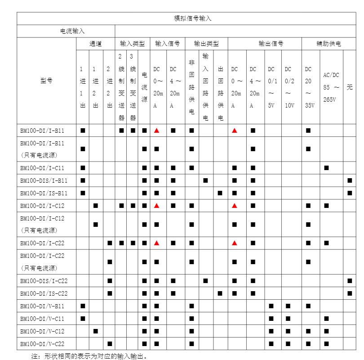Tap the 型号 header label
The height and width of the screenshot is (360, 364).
pyautogui.click(x=46, y=81)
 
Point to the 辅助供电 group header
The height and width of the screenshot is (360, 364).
pyautogui.click(x=328, y=44)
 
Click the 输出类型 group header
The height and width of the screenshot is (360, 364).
pyautogui.click(x=206, y=44)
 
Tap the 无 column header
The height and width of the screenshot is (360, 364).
pyautogui.click(x=350, y=87)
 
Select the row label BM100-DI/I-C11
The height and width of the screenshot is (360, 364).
pyautogui.click(x=42, y=168)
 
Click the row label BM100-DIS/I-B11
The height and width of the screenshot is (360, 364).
pyautogui.click(x=44, y=180)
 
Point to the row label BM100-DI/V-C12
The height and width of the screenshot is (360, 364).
pyautogui.click(x=42, y=331)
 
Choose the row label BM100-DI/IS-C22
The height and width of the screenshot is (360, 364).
pyautogui.click(x=44, y=293)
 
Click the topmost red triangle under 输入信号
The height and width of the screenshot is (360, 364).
pyautogui.click(x=157, y=130)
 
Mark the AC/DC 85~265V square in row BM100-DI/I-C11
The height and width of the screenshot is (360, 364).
pyautogui.click(x=326, y=168)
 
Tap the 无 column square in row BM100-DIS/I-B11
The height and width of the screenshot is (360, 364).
pyautogui.click(x=350, y=180)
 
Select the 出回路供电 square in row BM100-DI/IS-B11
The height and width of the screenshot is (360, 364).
pyautogui.click(x=220, y=193)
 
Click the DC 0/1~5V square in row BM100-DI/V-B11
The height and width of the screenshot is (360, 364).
pyautogui.click(x=271, y=306)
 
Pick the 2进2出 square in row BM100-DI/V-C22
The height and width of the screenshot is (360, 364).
pyautogui.click(x=110, y=344)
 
